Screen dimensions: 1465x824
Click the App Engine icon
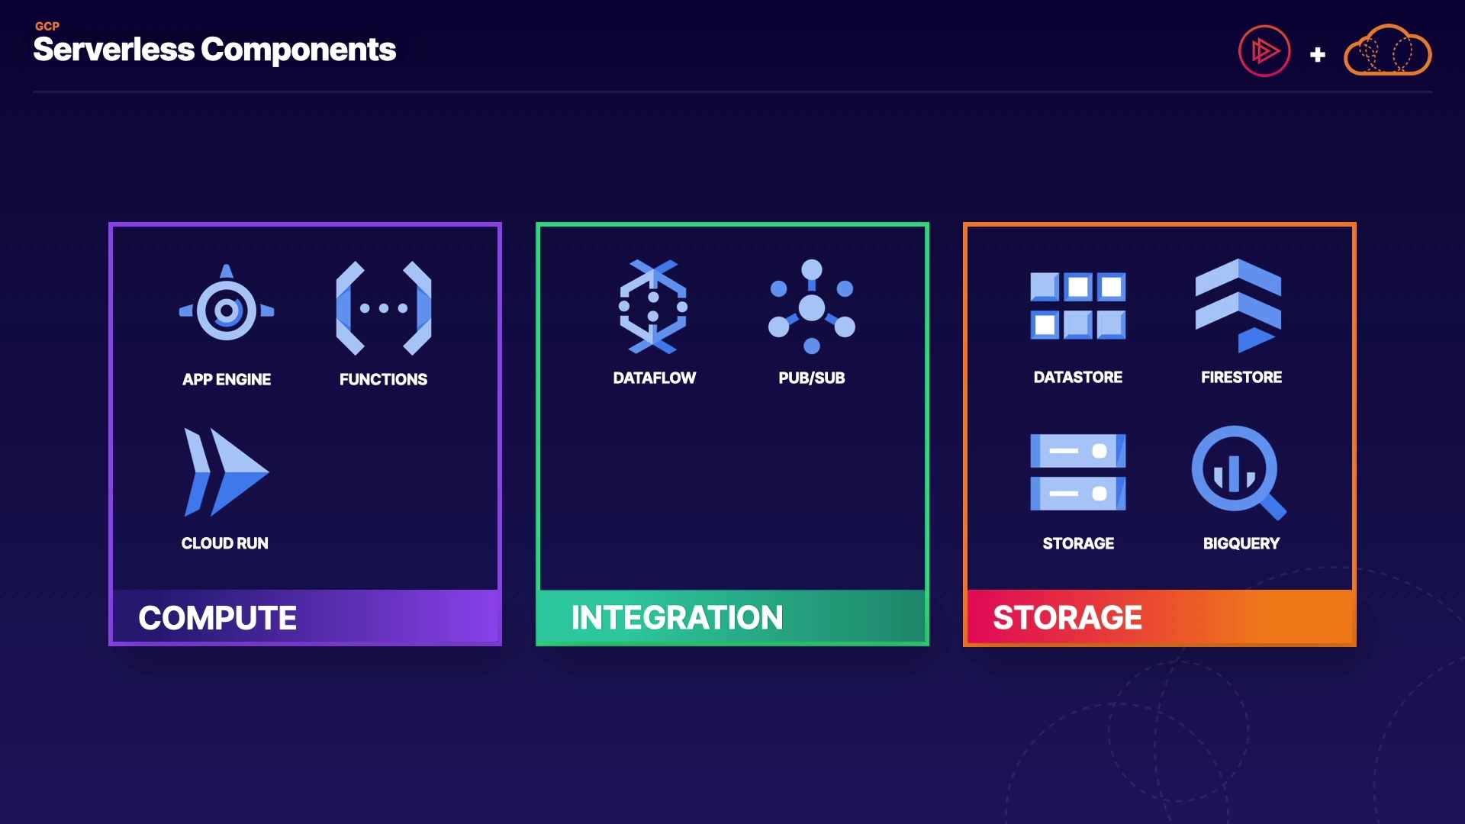click(x=227, y=308)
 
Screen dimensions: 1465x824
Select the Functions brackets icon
click(x=384, y=308)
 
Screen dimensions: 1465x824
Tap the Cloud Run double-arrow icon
click(x=226, y=472)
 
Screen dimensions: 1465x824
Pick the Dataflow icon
click(x=653, y=307)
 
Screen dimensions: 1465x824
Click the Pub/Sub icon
click(x=812, y=307)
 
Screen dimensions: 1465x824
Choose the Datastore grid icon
click(x=1077, y=306)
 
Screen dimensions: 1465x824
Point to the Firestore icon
click(x=1238, y=305)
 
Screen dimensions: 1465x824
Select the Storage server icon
click(x=1077, y=472)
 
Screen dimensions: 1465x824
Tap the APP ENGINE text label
click(x=227, y=379)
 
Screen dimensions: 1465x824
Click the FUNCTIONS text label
click(x=383, y=379)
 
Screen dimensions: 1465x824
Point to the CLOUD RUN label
click(x=225, y=543)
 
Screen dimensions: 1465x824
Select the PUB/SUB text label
click(x=812, y=378)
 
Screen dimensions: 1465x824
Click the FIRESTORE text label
click(x=1241, y=377)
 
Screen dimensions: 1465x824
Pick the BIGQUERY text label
click(x=1241, y=543)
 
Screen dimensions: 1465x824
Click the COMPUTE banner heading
click(x=217, y=618)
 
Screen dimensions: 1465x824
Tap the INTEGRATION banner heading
click(x=677, y=618)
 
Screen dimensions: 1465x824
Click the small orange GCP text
click(x=47, y=26)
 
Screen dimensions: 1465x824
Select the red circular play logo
click(x=1264, y=51)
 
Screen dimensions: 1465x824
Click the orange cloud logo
click(x=1387, y=51)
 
